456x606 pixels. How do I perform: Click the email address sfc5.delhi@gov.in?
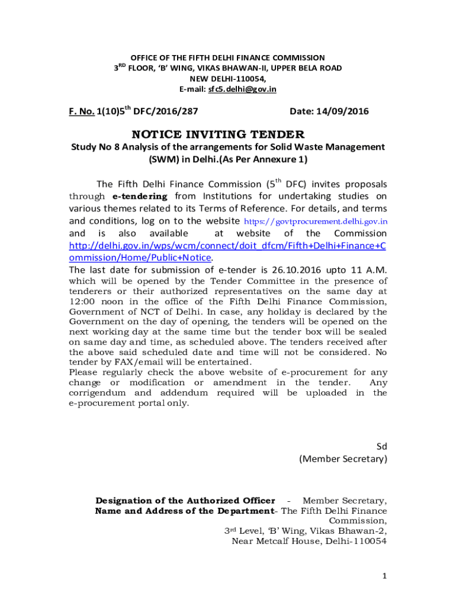242,89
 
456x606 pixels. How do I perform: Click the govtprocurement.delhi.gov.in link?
316,221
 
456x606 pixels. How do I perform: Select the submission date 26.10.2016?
301,270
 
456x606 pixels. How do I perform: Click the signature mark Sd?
382,445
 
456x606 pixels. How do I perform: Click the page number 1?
384,576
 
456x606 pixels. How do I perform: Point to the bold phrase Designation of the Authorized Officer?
185,501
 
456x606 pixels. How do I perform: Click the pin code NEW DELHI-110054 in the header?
227,79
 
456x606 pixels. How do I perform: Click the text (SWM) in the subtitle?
162,159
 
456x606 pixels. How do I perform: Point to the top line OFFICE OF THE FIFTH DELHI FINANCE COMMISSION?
227,57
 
